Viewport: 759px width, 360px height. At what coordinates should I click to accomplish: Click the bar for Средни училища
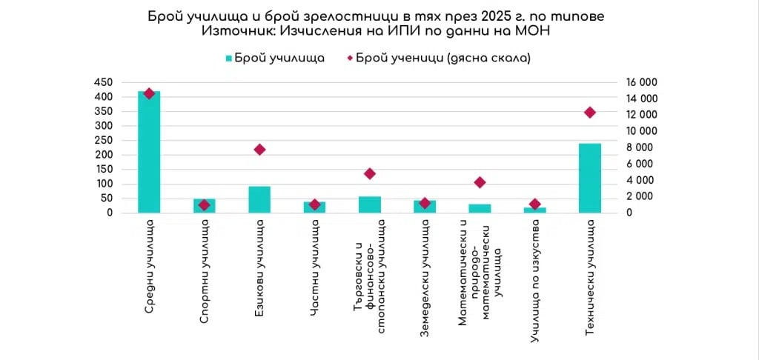tap(149, 152)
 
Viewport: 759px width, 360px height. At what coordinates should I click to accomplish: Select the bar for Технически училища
tap(589, 178)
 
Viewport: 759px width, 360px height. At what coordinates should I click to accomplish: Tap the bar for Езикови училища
tap(259, 199)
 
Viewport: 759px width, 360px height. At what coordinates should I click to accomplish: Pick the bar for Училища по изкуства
tap(534, 210)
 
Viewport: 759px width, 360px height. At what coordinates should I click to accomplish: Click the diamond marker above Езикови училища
tap(259, 150)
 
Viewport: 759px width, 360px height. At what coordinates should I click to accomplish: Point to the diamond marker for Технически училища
tap(590, 113)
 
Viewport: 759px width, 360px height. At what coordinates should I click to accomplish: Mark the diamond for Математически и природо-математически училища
tap(480, 182)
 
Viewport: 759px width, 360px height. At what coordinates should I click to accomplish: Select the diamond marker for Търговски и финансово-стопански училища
tap(370, 174)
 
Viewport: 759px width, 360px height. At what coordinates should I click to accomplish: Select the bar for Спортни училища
tap(205, 205)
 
